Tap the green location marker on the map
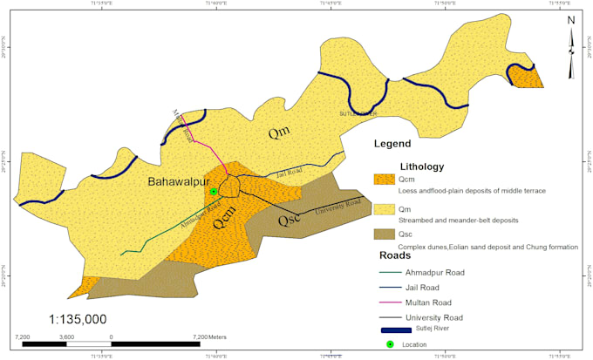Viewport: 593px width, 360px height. (x=214, y=191)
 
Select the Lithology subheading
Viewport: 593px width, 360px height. (x=422, y=166)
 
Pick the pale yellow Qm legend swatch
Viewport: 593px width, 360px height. (x=384, y=209)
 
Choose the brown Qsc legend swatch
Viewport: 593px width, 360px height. (x=384, y=235)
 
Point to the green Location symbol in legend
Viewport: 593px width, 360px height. (x=391, y=345)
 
